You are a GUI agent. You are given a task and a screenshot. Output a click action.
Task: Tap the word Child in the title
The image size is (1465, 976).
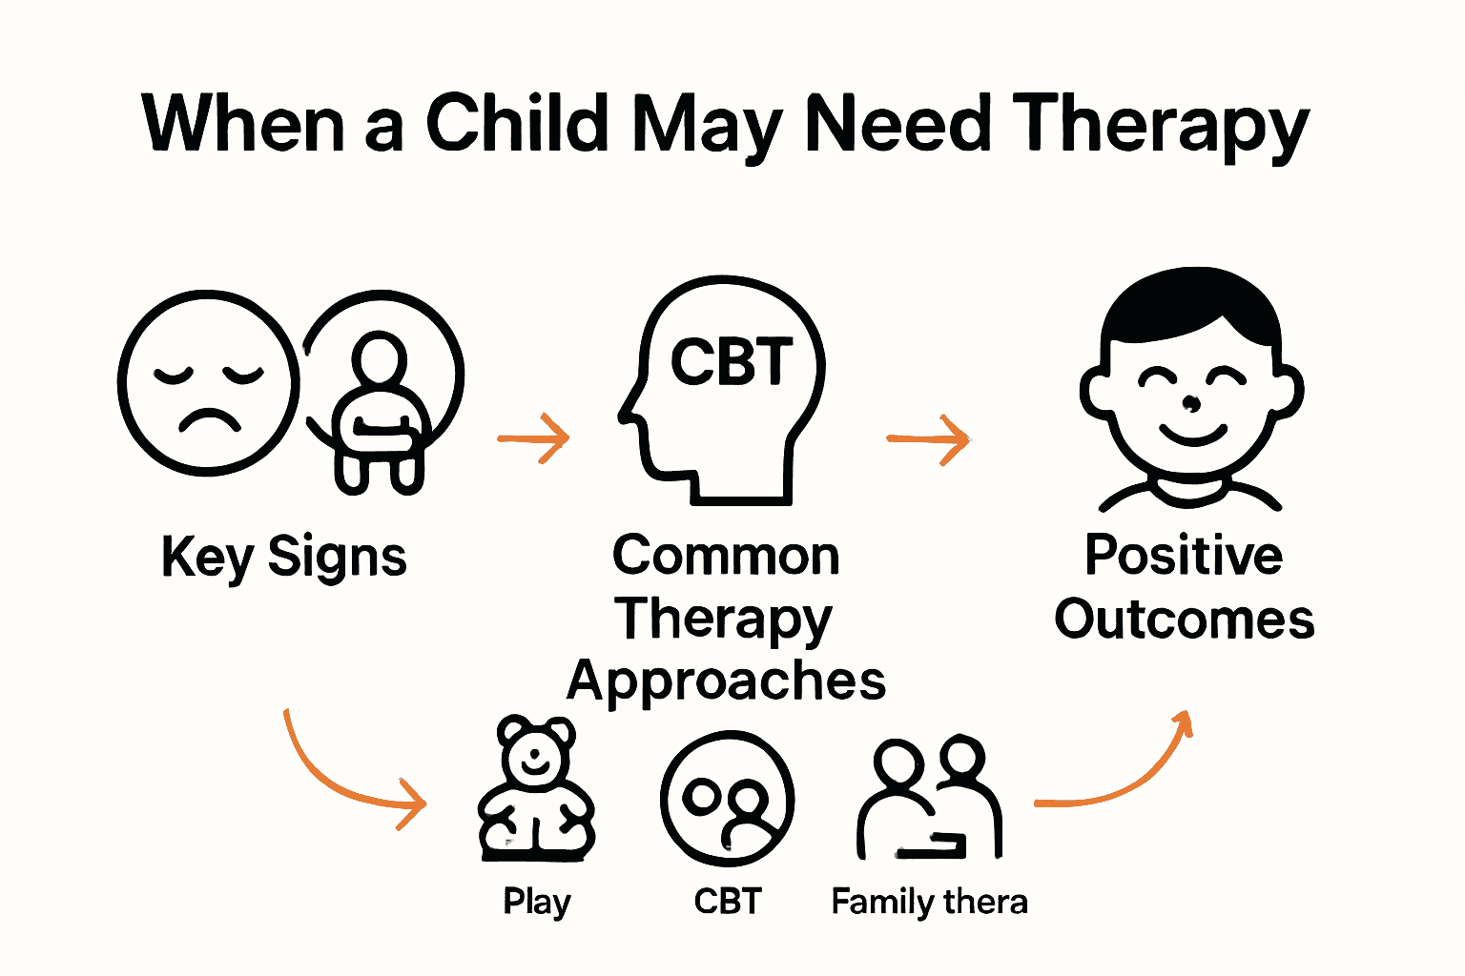click(516, 124)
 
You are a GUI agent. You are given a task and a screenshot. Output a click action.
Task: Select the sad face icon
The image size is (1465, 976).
click(208, 382)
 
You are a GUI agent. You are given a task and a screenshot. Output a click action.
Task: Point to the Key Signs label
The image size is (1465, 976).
click(283, 557)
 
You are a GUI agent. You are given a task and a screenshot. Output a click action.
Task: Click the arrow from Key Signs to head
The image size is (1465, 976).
click(534, 438)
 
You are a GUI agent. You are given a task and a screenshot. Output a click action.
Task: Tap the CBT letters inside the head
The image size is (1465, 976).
click(732, 362)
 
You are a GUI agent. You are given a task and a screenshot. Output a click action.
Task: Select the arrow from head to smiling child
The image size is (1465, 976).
click(928, 439)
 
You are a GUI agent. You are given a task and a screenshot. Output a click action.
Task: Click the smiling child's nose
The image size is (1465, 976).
click(1191, 403)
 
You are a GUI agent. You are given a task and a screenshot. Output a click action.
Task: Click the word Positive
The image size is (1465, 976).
click(1184, 556)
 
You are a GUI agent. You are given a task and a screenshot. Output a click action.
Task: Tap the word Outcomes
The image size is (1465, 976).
click(1184, 620)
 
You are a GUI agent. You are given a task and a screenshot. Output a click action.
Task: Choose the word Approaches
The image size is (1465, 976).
click(726, 681)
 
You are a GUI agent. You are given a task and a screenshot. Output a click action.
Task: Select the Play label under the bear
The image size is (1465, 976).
click(537, 902)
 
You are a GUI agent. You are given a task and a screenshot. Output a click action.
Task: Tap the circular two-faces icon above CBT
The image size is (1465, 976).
click(727, 799)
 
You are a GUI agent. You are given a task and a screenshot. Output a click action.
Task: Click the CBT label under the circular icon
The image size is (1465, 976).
click(728, 902)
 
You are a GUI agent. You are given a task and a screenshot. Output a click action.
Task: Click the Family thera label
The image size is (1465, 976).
click(929, 902)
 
